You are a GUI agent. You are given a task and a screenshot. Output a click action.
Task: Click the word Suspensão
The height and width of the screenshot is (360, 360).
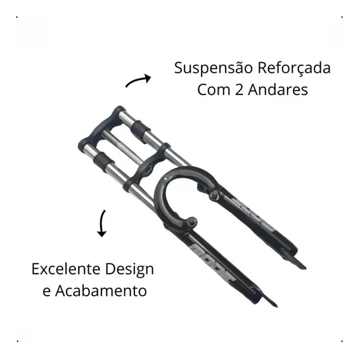coord(214,68)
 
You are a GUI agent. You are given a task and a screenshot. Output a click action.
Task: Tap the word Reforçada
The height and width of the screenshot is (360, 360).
coord(294,68)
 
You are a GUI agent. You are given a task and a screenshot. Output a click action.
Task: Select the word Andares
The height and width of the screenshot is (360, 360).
coord(278,89)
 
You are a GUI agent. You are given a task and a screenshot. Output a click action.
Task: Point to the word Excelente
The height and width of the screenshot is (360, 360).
coord(67,269)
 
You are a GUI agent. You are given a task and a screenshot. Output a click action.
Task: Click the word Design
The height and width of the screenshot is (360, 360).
coord(129,269)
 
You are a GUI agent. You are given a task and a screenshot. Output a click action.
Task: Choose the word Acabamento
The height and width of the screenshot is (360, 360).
coord(101,291)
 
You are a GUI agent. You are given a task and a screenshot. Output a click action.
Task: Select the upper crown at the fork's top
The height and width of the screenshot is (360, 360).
coord(101,129)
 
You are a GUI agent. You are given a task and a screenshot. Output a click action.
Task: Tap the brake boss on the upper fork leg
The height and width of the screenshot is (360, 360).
coord(215,195)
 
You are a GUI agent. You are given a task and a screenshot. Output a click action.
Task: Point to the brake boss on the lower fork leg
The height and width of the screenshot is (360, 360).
coord(191,222)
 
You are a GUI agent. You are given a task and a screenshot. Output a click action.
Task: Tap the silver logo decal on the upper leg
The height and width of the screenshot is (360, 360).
coord(252,215)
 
